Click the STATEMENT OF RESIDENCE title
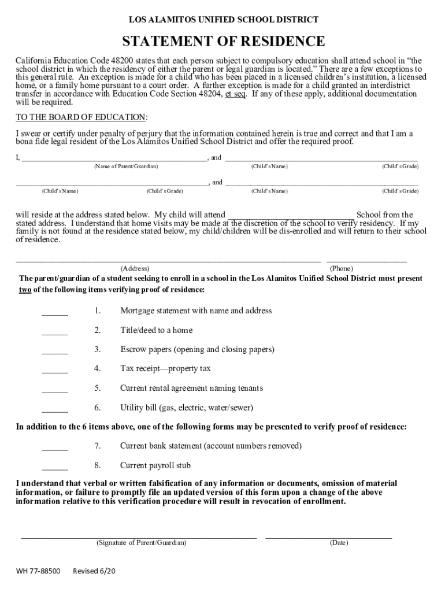pyautogui.click(x=223, y=42)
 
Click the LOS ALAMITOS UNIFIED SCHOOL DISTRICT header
pyautogui.click(x=223, y=20)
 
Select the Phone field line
pyautogui.click(x=366, y=261)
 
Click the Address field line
pyautogui.click(x=168, y=261)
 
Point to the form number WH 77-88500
pyautogui.click(x=38, y=571)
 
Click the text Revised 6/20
pyautogui.click(x=94, y=571)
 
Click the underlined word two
pyautogui.click(x=25, y=290)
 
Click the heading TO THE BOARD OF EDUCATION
pyautogui.click(x=81, y=117)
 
